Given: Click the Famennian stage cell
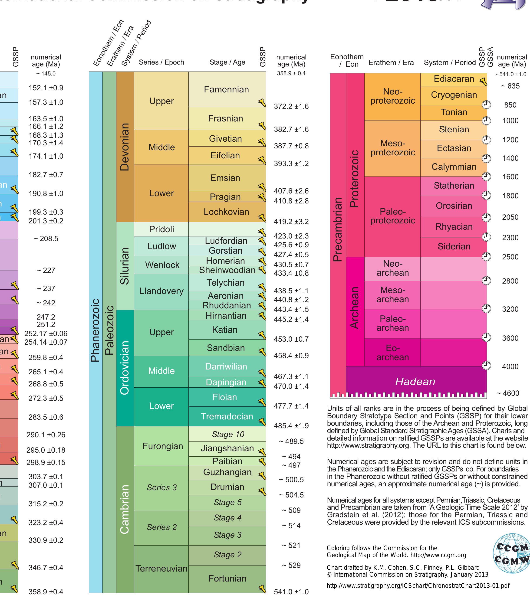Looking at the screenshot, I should [226, 89].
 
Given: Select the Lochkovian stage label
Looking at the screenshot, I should [226, 212].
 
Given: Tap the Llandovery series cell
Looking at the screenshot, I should [161, 291].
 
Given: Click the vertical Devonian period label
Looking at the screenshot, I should [125, 147].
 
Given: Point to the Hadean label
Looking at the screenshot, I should [415, 381].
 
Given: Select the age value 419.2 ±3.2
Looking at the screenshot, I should [291, 222].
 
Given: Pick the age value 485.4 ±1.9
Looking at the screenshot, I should [291, 426].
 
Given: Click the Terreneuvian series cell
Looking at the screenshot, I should [161, 569].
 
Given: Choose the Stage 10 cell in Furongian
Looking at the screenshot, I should [227, 434].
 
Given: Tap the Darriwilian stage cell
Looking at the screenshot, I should [226, 366].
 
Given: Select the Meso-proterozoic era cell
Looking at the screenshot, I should [392, 148].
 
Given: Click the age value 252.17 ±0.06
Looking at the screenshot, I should [46, 333].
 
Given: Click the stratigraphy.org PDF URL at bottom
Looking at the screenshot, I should [418, 586].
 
